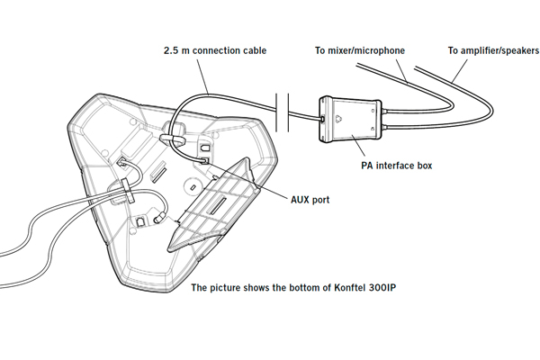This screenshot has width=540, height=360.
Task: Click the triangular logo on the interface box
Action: [336, 116]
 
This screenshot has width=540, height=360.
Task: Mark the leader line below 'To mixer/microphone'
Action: [397, 67]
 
